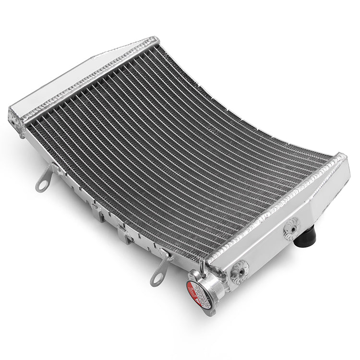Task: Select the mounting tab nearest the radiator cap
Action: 161,269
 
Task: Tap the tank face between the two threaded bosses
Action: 264,250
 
